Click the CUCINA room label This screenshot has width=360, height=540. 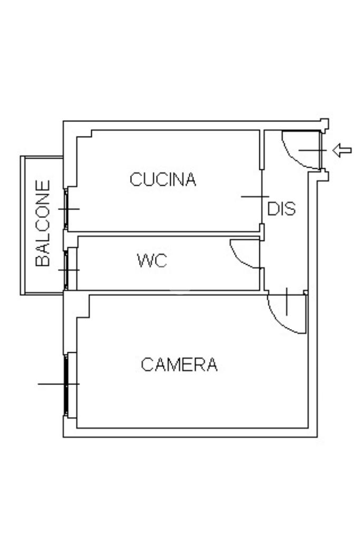point(163,179)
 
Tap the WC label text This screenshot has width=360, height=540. point(152,261)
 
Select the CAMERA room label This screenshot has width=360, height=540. point(179,364)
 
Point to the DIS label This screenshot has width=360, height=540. point(281,209)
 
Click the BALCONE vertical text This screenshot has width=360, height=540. point(43,223)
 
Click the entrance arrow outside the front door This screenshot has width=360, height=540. point(342,150)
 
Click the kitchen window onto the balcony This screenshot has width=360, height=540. point(66,209)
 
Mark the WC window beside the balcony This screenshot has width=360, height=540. point(66,270)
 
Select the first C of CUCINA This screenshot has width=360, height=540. point(135,179)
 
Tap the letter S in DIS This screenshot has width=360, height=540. point(290,209)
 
